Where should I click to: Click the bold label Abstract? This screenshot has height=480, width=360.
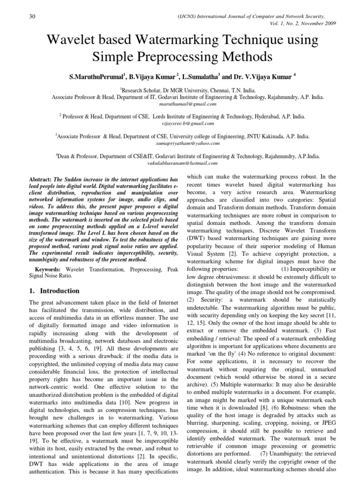[x=41, y=180]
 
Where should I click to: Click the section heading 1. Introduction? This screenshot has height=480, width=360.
[x=55, y=291]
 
